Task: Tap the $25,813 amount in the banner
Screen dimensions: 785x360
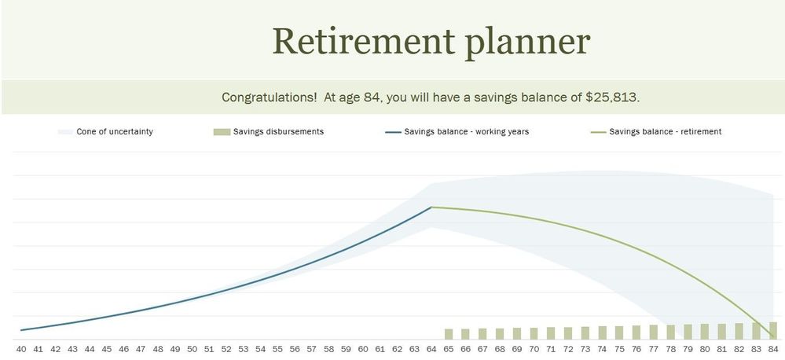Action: [x=612, y=97]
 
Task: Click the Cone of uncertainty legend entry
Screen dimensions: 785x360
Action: [x=105, y=132]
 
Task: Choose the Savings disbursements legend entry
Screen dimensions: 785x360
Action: [x=268, y=132]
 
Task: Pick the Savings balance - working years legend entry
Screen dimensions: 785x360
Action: [x=457, y=132]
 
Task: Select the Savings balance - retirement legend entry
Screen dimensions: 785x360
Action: [x=656, y=132]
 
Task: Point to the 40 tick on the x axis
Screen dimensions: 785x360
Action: [x=21, y=349]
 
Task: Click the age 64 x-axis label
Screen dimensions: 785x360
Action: [x=431, y=349]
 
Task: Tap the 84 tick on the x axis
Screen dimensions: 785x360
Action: [x=773, y=349]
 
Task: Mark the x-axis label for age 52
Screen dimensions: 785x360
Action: [x=226, y=349]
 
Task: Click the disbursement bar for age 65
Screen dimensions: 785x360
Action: [x=449, y=334]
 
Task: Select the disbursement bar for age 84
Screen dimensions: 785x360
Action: [x=773, y=330]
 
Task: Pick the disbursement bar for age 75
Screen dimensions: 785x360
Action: [x=619, y=332]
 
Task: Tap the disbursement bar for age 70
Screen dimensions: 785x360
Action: [x=534, y=333]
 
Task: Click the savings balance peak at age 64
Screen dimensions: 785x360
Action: [x=431, y=207]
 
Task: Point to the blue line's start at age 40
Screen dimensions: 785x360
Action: [x=21, y=330]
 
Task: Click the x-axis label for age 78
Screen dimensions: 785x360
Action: [x=670, y=349]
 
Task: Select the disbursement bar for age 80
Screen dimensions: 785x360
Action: [x=704, y=332]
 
